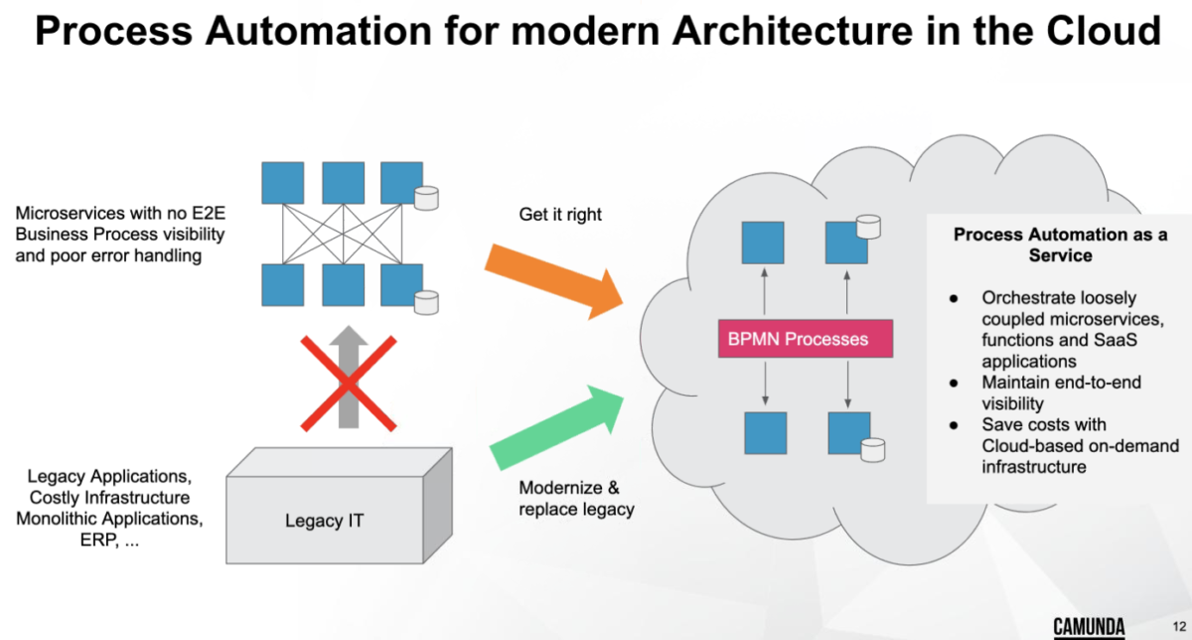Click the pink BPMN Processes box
click(806, 339)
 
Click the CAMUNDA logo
click(1089, 626)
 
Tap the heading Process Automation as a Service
click(1059, 244)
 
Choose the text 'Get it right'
click(560, 214)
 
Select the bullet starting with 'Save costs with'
click(1054, 445)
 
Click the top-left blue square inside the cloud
click(763, 242)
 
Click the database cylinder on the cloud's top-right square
click(869, 226)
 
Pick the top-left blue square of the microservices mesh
click(282, 183)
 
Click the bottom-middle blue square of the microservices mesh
click(343, 284)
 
